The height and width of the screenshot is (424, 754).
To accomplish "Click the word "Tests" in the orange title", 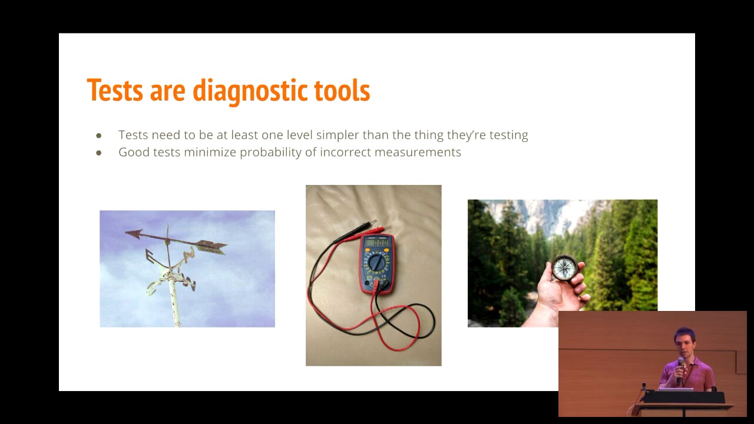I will (115, 90).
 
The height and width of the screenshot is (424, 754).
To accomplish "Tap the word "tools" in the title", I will (342, 90).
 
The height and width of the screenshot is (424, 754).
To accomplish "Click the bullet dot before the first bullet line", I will (98, 135).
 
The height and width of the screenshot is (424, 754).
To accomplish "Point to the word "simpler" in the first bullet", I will (339, 135).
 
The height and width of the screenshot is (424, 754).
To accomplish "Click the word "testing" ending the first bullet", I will (508, 135).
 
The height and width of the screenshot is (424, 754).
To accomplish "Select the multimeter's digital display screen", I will (377, 243).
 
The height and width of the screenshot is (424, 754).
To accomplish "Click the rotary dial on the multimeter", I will (377, 263).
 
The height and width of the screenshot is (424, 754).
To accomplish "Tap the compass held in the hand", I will (564, 268).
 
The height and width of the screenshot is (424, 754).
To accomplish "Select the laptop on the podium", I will (675, 389).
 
